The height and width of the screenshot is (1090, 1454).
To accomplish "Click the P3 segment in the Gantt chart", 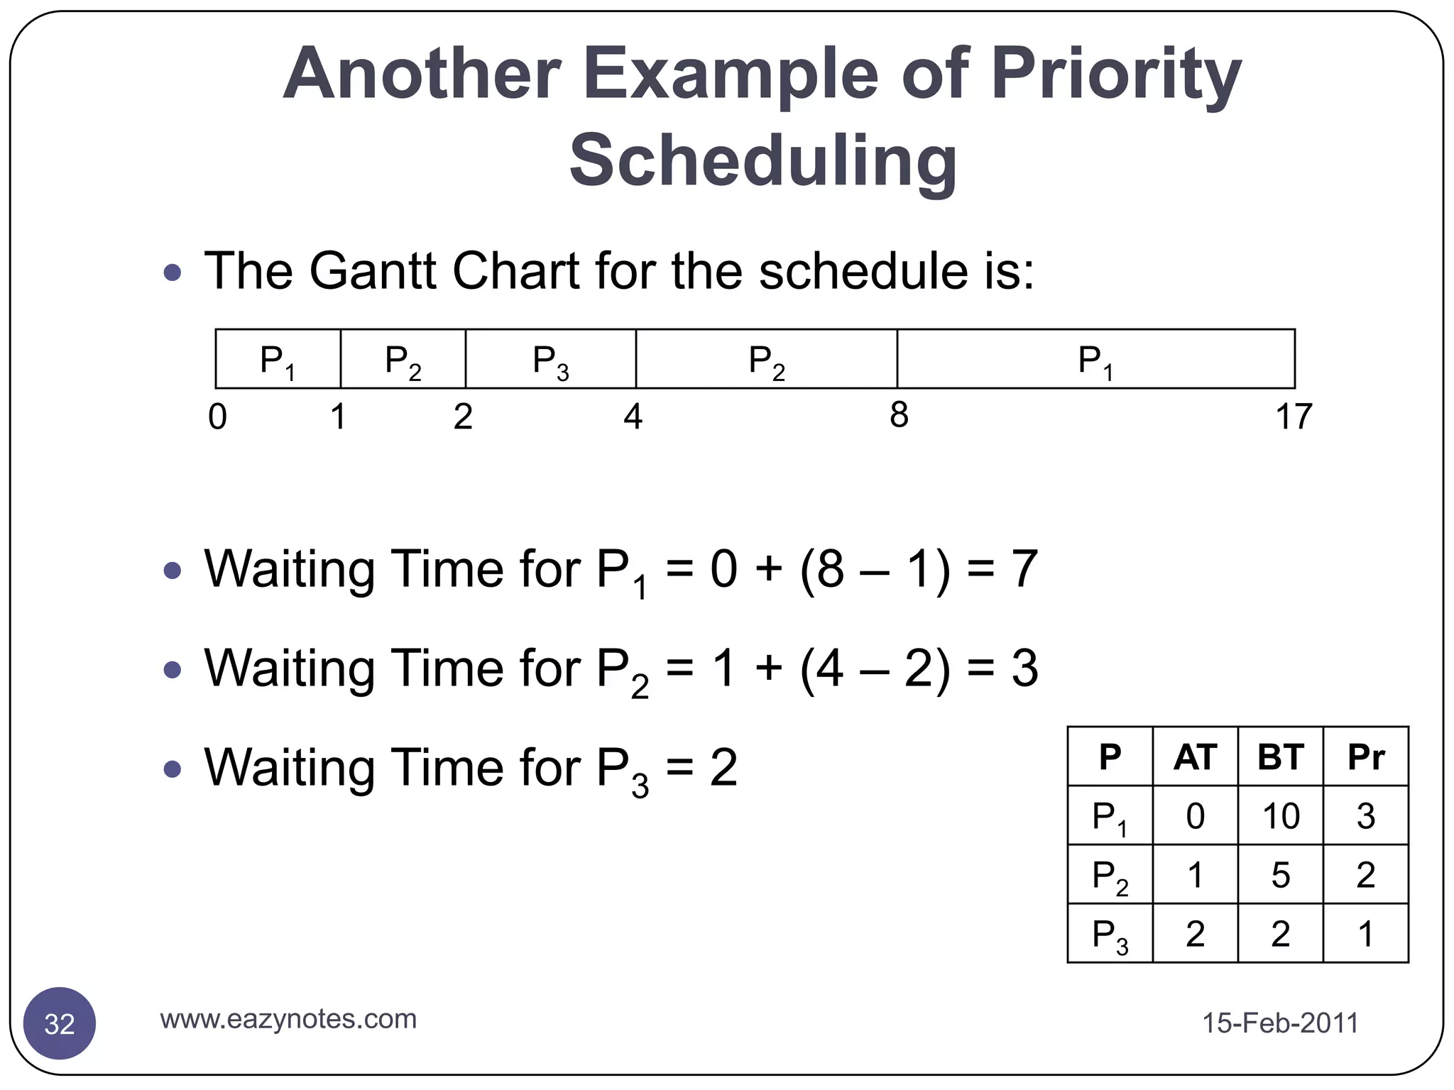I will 550,359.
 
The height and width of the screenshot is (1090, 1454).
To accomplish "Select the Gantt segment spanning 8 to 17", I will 1095,359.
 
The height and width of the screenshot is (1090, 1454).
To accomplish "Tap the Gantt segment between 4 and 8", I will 766,359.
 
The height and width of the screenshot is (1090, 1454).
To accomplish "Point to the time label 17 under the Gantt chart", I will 1293,417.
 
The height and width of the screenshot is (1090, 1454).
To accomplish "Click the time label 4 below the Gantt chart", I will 633,417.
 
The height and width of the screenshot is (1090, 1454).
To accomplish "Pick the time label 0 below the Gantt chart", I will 217,417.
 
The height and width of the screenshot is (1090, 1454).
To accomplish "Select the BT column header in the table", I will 1280,756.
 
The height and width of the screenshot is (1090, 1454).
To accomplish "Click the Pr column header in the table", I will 1365,756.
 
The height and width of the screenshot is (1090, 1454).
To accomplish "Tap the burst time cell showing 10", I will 1280,815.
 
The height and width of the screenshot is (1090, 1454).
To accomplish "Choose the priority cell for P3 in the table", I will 1365,933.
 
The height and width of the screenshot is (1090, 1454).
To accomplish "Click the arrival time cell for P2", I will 1195,874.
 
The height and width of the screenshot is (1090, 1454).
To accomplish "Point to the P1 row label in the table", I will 1109,816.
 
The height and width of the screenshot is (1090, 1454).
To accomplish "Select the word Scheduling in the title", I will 763,160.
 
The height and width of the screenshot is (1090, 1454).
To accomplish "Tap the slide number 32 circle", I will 60,1023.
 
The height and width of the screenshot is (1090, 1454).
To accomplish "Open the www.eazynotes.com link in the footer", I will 288,1019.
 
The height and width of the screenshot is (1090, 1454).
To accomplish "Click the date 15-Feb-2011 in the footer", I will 1280,1023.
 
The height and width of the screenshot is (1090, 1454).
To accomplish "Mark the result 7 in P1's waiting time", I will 1024,569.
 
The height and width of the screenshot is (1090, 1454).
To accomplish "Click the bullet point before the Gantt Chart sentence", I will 173,272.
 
